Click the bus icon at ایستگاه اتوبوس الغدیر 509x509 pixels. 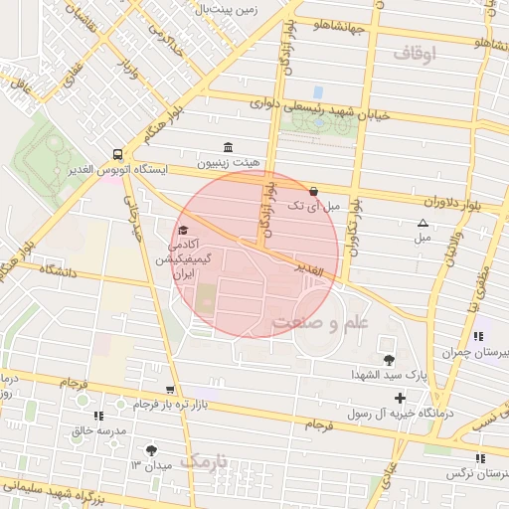(x=118, y=154)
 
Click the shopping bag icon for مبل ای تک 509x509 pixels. (x=314, y=191)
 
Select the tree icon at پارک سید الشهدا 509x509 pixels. (x=388, y=359)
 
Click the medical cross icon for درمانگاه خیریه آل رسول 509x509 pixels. (x=400, y=398)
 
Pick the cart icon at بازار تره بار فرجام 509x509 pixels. (x=170, y=390)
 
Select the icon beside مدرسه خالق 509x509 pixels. (x=97, y=416)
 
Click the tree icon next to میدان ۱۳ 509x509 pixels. (x=151, y=449)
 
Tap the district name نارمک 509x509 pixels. (x=206, y=461)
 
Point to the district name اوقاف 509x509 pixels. (x=415, y=54)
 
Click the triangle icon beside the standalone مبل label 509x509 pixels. (x=424, y=224)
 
